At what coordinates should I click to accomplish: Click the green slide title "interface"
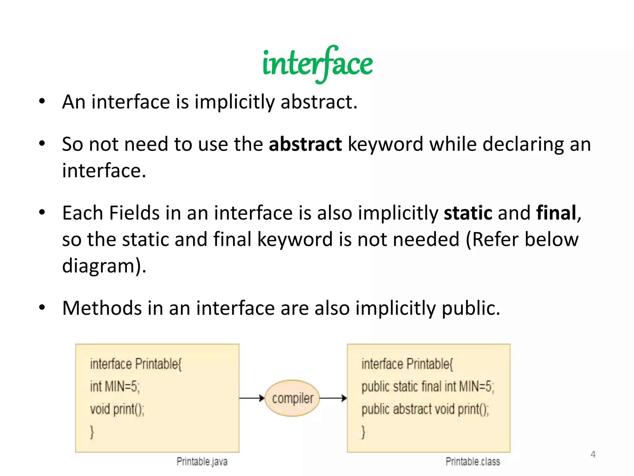[x=317, y=64]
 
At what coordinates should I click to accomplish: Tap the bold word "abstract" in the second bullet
[x=305, y=144]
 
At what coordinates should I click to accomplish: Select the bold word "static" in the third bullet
[x=468, y=213]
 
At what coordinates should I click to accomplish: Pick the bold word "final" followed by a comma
[x=556, y=213]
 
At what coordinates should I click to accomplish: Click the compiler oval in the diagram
[x=292, y=398]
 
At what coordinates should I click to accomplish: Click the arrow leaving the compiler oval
[x=333, y=398]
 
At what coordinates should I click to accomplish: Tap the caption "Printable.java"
[x=202, y=461]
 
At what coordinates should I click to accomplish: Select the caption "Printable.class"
[x=473, y=461]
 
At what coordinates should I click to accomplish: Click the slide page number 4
[x=593, y=454]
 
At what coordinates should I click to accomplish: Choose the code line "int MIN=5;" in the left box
[x=115, y=387]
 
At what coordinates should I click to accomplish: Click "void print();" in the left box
[x=117, y=409]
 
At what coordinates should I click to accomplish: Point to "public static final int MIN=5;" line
[x=428, y=387]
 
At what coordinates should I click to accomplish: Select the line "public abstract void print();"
[x=425, y=409]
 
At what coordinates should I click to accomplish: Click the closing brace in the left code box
[x=92, y=432]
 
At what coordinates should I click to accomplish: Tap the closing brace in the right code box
[x=363, y=432]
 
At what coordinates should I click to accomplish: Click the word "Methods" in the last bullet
[x=102, y=308]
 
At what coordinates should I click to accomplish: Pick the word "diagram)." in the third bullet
[x=104, y=266]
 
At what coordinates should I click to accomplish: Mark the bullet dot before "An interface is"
[x=42, y=101]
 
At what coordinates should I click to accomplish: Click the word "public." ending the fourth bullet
[x=471, y=308]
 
